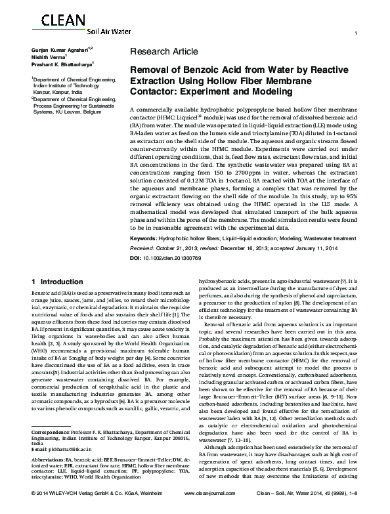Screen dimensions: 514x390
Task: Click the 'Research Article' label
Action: click(163, 51)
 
